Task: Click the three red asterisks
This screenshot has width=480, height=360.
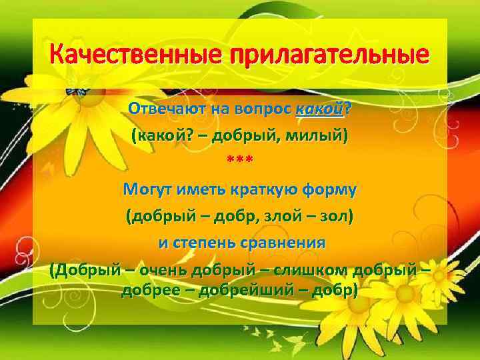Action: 240,162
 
